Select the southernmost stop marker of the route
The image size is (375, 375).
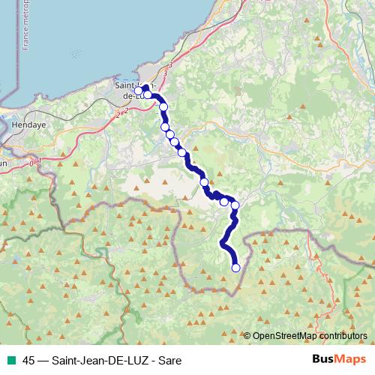[236, 268]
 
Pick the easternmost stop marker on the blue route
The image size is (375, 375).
[235, 205]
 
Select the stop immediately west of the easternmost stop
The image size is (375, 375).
[223, 201]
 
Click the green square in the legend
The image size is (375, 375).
[10, 360]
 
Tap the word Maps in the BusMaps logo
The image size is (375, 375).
[351, 360]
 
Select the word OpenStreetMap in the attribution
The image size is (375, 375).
[281, 337]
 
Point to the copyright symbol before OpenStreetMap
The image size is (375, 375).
[247, 337]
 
